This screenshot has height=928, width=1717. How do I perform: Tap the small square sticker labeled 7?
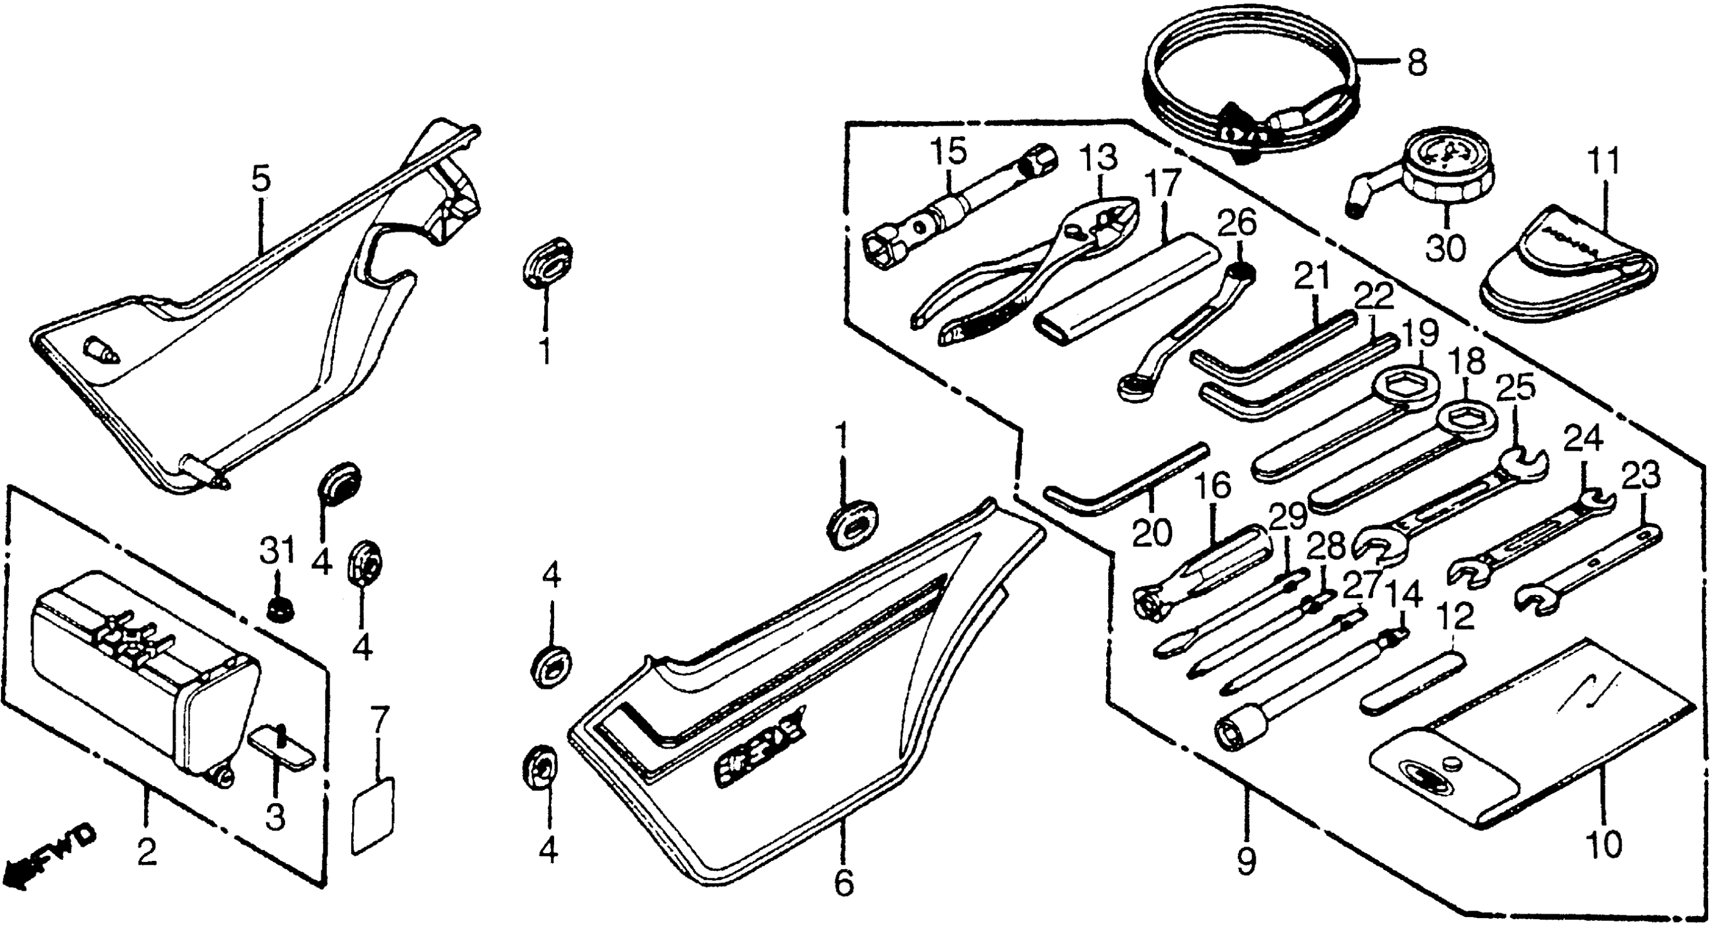[373, 814]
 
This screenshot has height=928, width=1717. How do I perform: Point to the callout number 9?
[1245, 861]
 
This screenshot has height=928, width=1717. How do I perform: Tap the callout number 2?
[147, 853]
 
